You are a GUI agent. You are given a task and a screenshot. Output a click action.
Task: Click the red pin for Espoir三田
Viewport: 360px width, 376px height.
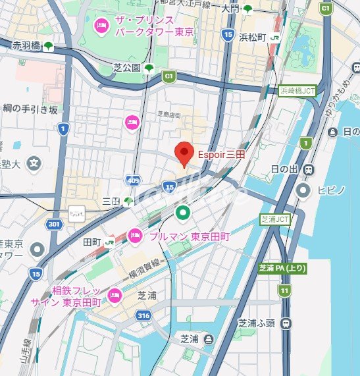185,153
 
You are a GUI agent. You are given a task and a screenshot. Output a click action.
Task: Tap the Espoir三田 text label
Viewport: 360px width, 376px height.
221,154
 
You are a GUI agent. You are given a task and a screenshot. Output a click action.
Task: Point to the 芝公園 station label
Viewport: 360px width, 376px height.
126,68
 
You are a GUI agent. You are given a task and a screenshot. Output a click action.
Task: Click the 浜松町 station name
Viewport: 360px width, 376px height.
252,38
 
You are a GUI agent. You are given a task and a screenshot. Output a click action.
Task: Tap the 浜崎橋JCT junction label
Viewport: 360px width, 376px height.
297,91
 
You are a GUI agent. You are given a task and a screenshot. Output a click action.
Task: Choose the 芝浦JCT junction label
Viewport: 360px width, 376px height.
274,219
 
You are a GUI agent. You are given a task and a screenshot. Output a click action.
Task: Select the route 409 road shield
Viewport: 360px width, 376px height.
134,180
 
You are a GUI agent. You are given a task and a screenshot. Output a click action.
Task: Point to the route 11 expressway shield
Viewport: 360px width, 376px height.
284,290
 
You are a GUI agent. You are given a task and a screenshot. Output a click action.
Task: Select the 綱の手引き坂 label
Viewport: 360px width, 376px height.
30,109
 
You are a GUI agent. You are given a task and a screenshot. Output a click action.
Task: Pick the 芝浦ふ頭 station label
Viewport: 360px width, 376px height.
255,323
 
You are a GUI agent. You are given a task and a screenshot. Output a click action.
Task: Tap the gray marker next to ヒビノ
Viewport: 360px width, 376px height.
303,191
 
